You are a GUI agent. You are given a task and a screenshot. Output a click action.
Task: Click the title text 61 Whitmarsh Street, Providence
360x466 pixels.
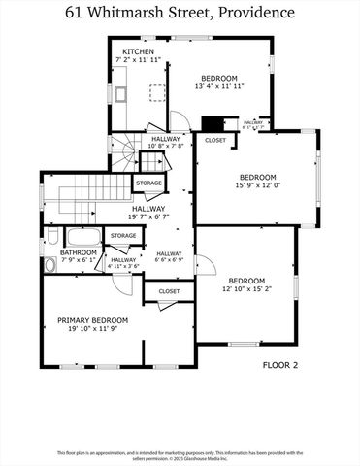pyautogui.click(x=180, y=13)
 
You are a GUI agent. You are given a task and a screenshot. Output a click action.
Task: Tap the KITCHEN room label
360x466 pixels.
pyautogui.click(x=137, y=51)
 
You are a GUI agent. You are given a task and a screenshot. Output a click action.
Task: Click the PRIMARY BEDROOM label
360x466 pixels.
pyautogui.click(x=92, y=319)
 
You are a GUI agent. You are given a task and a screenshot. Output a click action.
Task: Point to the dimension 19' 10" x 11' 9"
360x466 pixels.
pyautogui.click(x=92, y=329)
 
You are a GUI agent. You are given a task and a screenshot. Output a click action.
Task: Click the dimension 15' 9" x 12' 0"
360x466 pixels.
pyautogui.click(x=258, y=187)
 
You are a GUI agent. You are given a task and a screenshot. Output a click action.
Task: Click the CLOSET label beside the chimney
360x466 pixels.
pyautogui.click(x=214, y=140)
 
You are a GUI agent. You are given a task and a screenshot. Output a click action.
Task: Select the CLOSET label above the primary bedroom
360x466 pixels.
pyautogui.click(x=169, y=290)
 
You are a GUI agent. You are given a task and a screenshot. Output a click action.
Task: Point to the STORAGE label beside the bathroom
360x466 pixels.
pyautogui.click(x=123, y=235)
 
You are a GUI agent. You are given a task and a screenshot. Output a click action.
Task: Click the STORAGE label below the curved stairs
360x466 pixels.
pyautogui.click(x=148, y=183)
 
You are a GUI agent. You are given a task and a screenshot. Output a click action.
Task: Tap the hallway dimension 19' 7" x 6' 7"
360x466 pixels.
pyautogui.click(x=148, y=216)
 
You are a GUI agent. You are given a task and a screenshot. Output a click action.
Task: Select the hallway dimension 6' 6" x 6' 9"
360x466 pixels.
pyautogui.click(x=169, y=258)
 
